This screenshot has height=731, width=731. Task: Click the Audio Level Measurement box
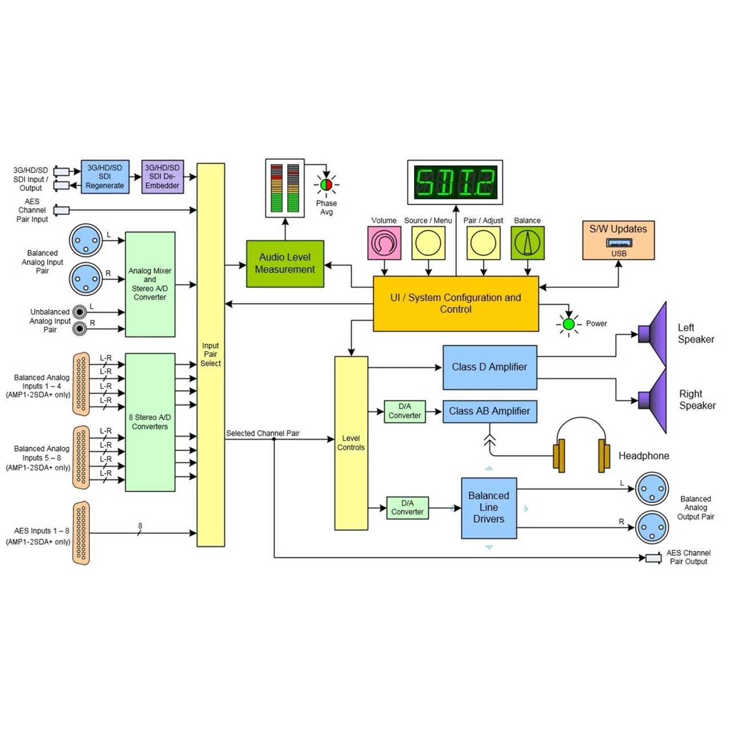pyautogui.click(x=285, y=264)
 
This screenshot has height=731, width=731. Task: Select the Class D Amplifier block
pyautogui.click(x=490, y=367)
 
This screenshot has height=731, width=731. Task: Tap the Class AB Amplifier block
pyautogui.click(x=490, y=411)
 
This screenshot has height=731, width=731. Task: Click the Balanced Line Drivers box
pyautogui.click(x=489, y=508)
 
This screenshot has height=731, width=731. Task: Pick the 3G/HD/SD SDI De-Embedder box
pyautogui.click(x=162, y=177)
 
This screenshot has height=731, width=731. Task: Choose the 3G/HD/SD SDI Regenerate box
pyautogui.click(x=105, y=177)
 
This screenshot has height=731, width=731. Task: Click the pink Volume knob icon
pyautogui.click(x=384, y=243)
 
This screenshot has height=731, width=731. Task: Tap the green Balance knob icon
pyautogui.click(x=528, y=243)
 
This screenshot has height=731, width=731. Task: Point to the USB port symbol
pyautogui.click(x=619, y=242)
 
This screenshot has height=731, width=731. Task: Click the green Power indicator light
pyautogui.click(x=569, y=324)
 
